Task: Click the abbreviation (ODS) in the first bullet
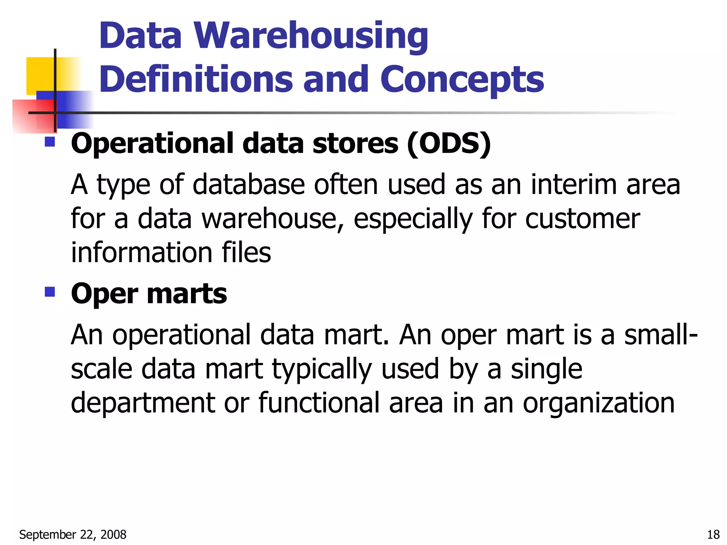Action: pos(449,143)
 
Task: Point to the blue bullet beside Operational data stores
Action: pos(50,142)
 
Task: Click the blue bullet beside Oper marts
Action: pos(50,292)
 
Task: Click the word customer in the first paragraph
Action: pos(582,219)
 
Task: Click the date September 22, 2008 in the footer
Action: pos(73,534)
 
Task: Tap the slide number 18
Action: pos(713,534)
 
